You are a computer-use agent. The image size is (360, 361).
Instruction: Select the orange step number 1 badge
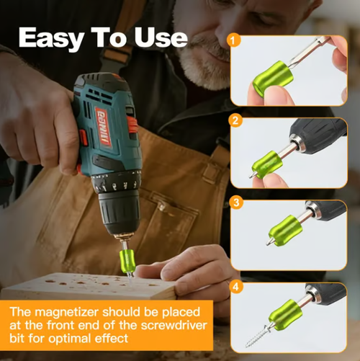tap(233, 40)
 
